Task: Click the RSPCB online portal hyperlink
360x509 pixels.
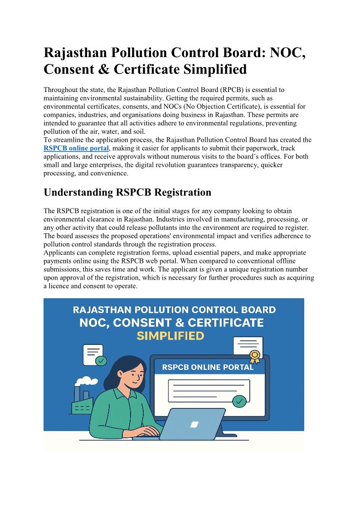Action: [76, 148]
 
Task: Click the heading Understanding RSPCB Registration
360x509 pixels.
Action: [127, 192]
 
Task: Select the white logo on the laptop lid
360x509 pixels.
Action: [195, 425]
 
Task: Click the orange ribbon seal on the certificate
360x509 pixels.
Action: [255, 356]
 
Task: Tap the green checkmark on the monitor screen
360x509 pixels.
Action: [239, 401]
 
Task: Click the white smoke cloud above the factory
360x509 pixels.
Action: [87, 382]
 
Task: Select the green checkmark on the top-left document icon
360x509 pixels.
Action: [102, 361]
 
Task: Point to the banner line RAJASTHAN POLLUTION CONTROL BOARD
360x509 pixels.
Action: [174, 310]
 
